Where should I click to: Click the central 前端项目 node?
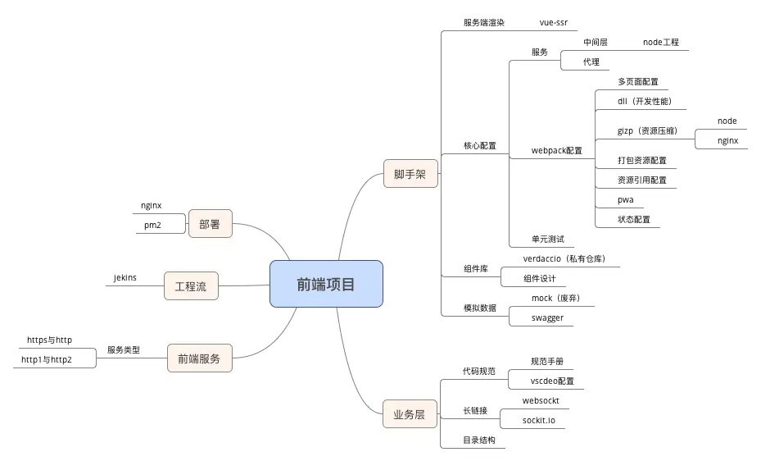click(326, 284)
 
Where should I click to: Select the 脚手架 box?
click(410, 174)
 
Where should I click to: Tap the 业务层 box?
click(409, 414)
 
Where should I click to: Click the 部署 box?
click(210, 224)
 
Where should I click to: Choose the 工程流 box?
click(191, 286)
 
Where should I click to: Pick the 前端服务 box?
click(199, 358)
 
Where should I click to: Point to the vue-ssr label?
click(553, 22)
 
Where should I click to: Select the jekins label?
click(125, 277)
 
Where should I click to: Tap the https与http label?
click(49, 340)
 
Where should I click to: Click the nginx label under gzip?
click(727, 140)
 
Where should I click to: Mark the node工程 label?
click(660, 42)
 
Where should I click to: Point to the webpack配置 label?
click(556, 150)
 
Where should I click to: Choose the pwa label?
click(625, 200)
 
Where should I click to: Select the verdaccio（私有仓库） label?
click(564, 258)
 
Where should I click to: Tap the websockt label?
click(541, 400)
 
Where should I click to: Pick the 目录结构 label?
click(479, 440)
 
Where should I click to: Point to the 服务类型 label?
click(124, 349)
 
